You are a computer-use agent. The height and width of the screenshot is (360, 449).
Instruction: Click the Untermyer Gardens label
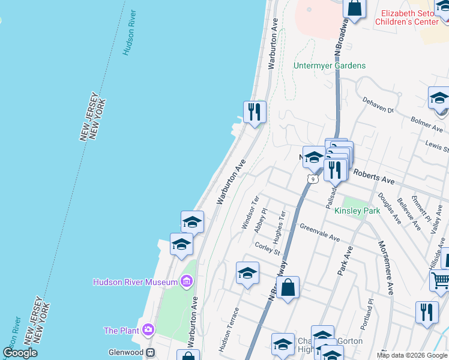click(x=330, y=65)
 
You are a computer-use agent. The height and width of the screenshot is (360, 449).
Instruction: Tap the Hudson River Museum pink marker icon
click(x=186, y=281)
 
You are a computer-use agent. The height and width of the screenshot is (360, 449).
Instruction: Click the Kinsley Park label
click(x=357, y=211)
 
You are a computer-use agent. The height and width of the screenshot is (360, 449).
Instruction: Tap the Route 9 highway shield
click(x=312, y=178)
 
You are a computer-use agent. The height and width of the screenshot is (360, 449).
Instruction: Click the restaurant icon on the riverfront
click(x=255, y=112)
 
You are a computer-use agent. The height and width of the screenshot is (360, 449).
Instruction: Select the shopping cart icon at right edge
click(x=441, y=281)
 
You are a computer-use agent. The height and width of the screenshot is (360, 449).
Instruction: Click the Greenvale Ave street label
click(x=320, y=233)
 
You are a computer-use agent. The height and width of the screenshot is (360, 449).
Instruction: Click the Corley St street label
click(x=267, y=248)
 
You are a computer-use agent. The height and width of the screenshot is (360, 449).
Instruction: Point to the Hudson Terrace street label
click(x=228, y=330)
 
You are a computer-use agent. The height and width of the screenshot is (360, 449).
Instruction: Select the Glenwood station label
click(x=125, y=352)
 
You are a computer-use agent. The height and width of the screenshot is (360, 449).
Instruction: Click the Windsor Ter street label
click(x=249, y=212)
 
